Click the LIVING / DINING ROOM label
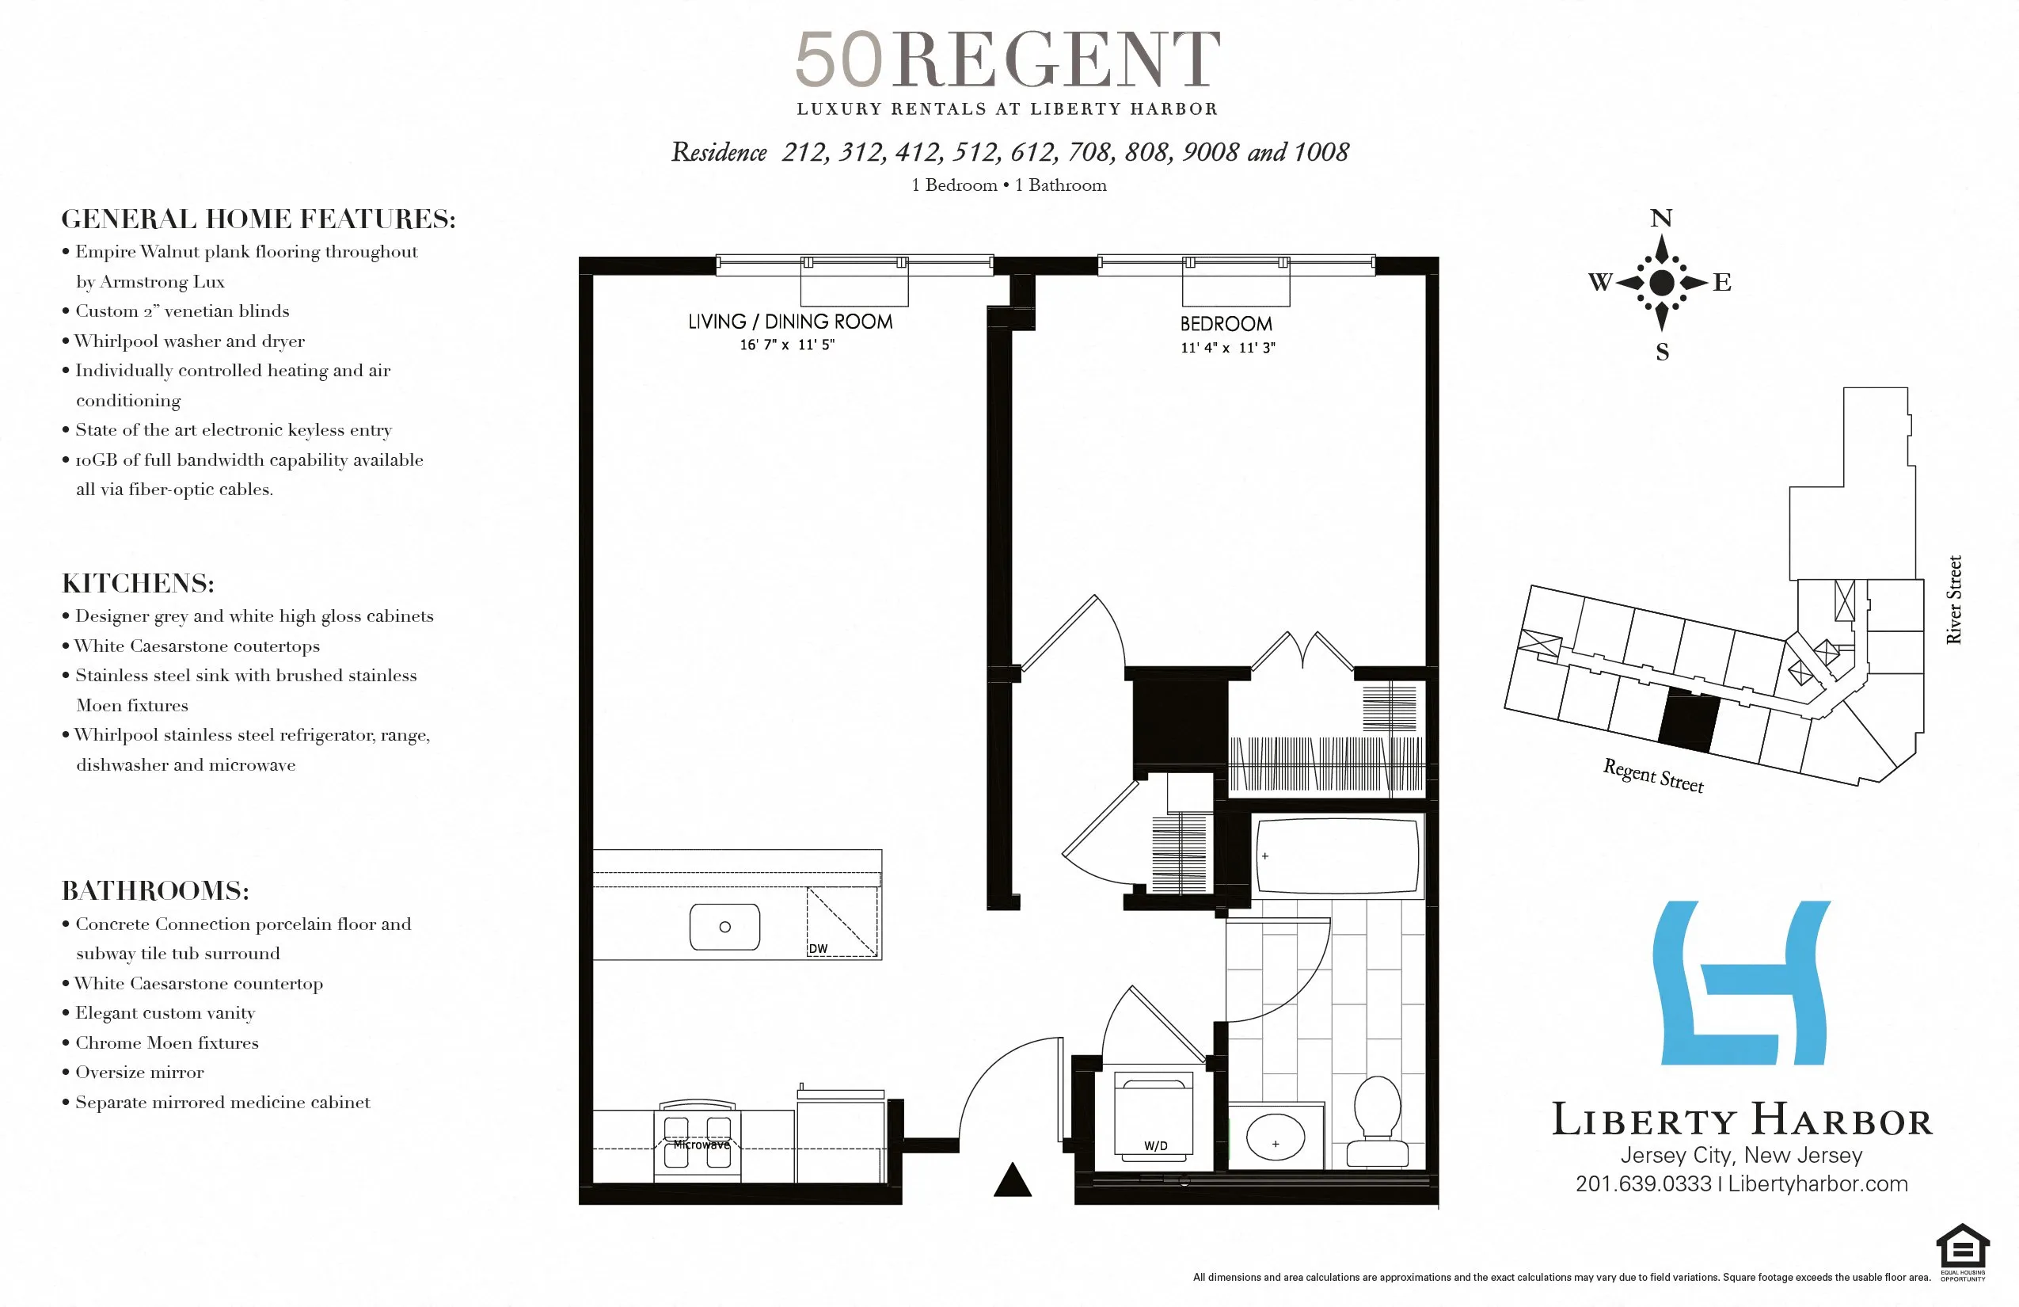tap(790, 322)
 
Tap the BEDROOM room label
tap(1226, 324)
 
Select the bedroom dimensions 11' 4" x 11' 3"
tap(1227, 348)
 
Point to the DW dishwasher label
tap(818, 949)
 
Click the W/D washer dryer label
tap(1155, 1145)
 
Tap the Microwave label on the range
tap(701, 1144)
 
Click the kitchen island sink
tap(724, 927)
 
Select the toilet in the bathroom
tap(1377, 1118)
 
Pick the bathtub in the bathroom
tap(1337, 855)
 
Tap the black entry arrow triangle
tap(1012, 1180)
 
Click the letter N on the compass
tap(1661, 218)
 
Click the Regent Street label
tap(1652, 775)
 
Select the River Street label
tap(1954, 599)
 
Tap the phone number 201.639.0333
tap(1643, 1184)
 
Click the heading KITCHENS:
tap(139, 583)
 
